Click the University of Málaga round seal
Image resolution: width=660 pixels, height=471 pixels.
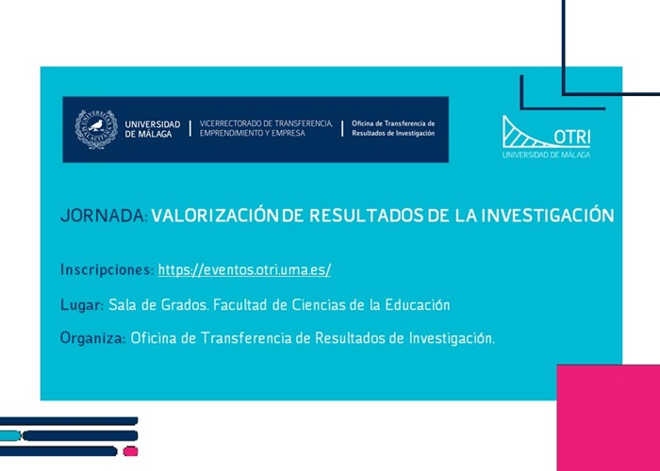(x=96, y=129)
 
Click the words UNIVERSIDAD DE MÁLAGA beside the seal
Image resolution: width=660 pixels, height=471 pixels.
(x=152, y=129)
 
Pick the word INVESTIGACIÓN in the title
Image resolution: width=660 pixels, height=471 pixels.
(x=548, y=216)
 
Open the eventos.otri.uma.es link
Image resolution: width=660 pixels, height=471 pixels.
(x=244, y=270)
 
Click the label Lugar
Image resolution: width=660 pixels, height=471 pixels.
(x=81, y=305)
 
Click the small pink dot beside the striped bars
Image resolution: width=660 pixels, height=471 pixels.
(x=130, y=451)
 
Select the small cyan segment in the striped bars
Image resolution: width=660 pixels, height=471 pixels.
(x=10, y=436)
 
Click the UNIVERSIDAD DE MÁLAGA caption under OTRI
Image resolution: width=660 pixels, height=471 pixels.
(x=547, y=154)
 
